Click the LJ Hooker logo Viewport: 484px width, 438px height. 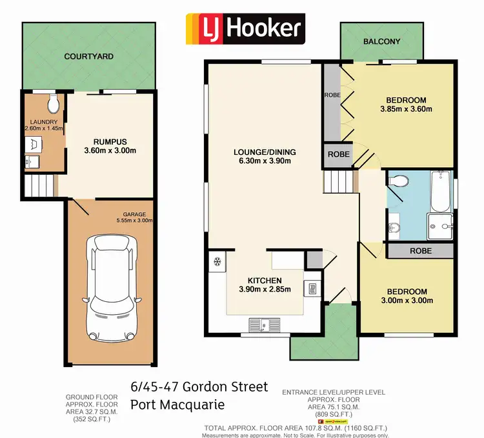tap(244, 28)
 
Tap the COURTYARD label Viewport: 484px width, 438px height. tap(88, 57)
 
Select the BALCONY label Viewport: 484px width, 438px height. tap(381, 41)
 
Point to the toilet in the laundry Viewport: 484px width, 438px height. tap(53, 103)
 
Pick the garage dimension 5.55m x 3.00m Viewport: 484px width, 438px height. tap(134, 220)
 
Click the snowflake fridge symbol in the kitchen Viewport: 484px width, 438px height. tap(217, 262)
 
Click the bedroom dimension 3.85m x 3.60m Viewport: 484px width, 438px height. tap(406, 109)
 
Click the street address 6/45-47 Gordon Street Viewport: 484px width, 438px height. tap(199, 387)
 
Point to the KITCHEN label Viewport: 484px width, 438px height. tap(265, 280)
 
